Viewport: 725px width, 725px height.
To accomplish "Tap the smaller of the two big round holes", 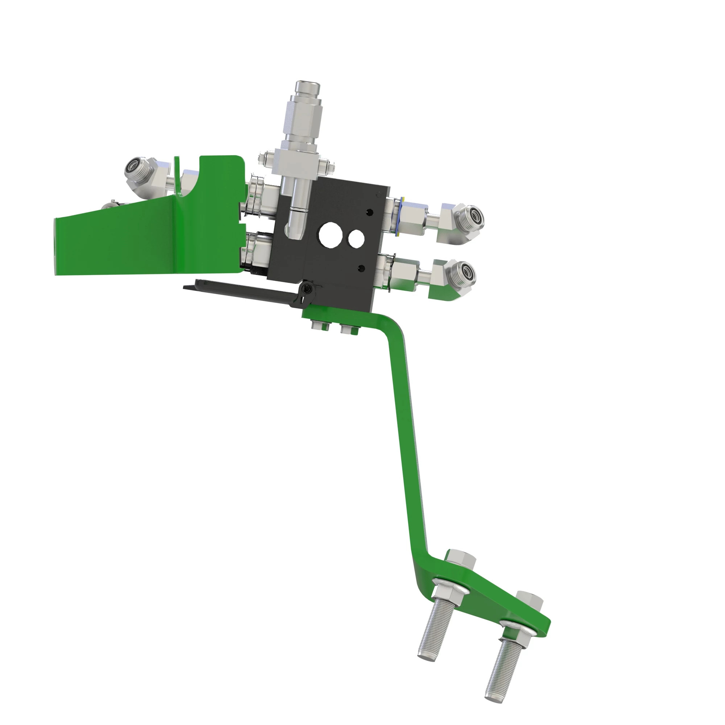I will click(356, 238).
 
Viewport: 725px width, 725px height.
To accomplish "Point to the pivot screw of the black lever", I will click(308, 289).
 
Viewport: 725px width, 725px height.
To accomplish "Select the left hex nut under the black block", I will click(320, 325).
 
